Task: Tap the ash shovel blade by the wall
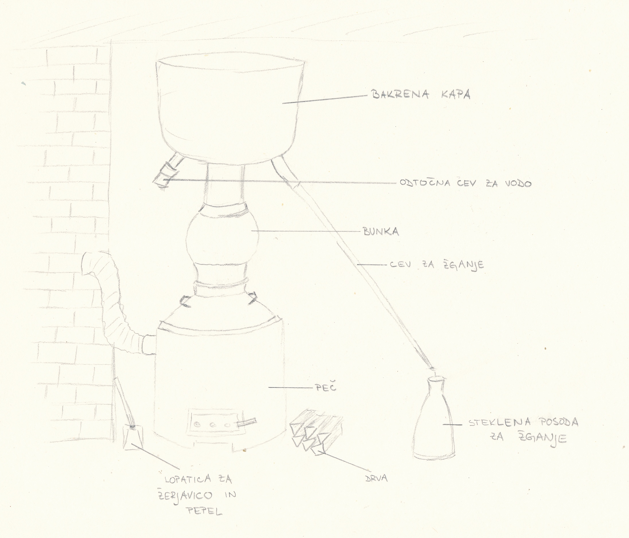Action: pyautogui.click(x=133, y=437)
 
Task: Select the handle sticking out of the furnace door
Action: pyautogui.click(x=246, y=422)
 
